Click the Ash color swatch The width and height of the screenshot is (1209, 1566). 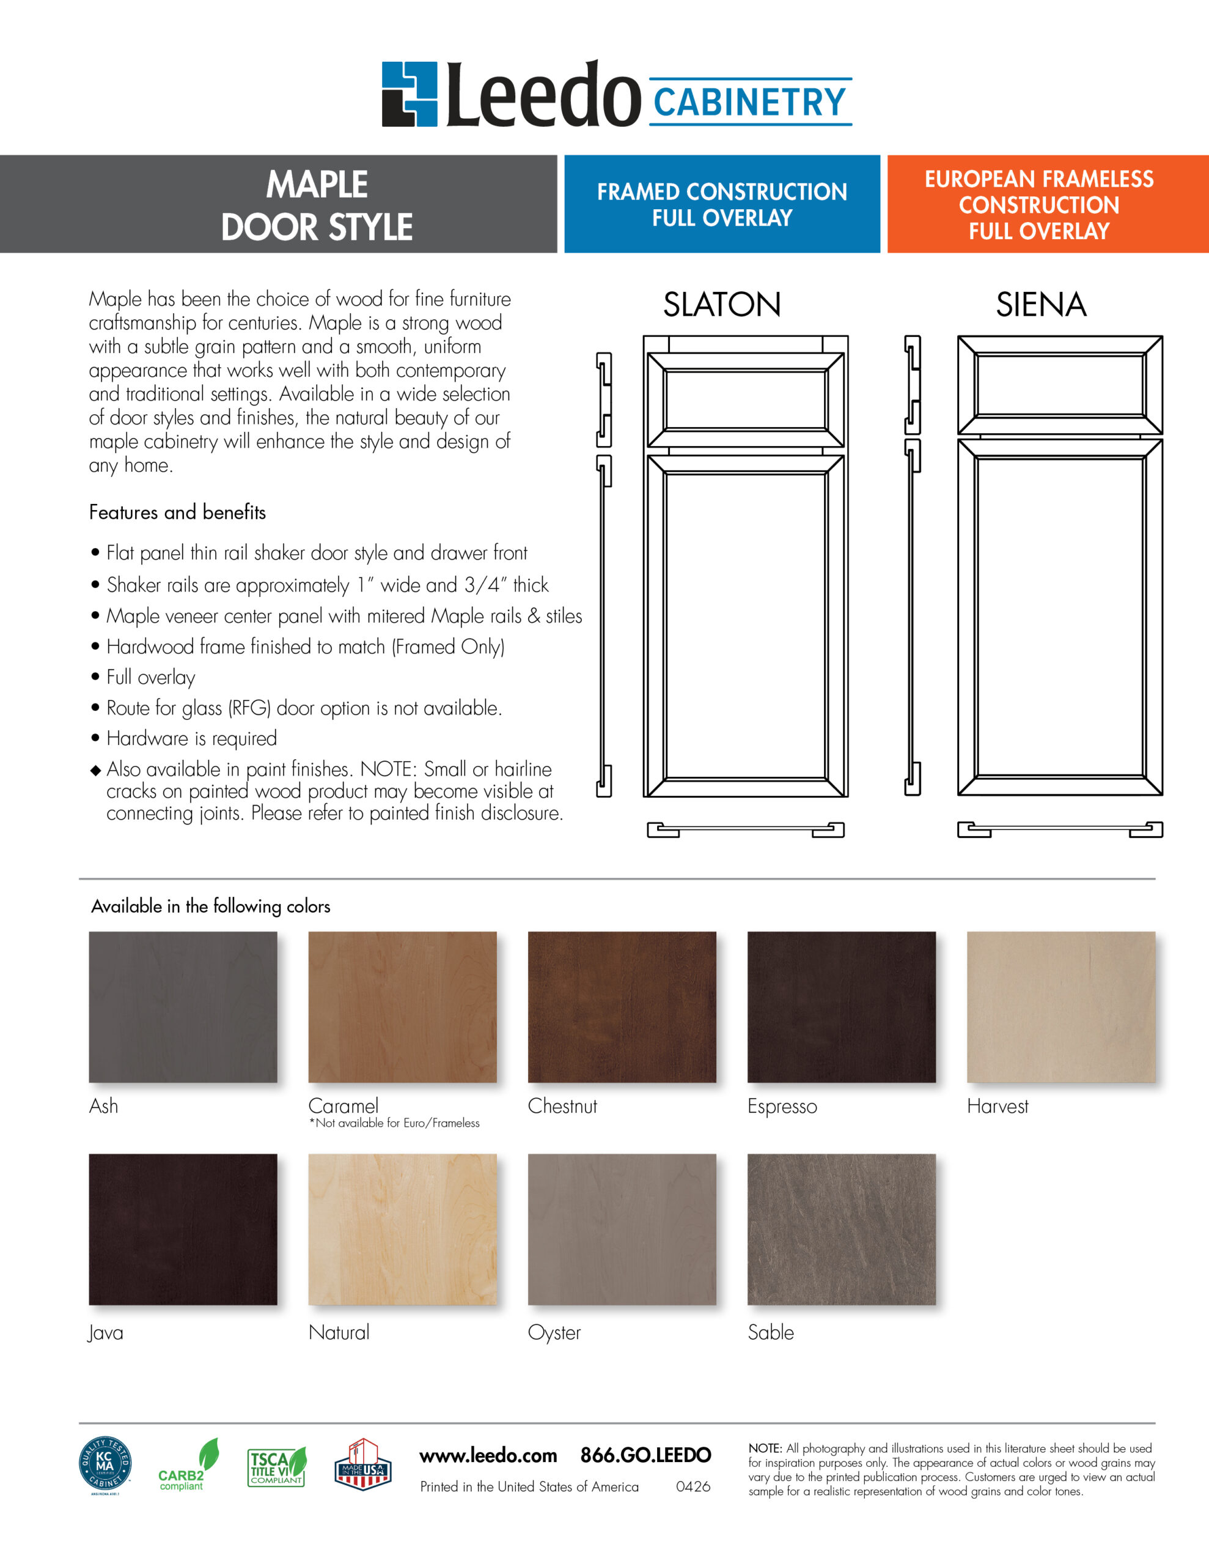tap(183, 1007)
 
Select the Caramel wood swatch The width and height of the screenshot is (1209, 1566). tap(402, 1007)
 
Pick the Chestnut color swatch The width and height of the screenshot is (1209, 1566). tap(622, 1007)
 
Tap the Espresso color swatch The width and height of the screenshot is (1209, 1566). tap(842, 1007)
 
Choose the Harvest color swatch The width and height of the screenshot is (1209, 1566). tap(1060, 1007)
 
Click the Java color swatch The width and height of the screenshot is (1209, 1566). tap(183, 1229)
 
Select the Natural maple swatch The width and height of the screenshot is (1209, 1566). tap(402, 1229)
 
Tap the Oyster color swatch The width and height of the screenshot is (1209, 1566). tap(622, 1229)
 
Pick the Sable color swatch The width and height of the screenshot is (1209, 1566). tap(842, 1229)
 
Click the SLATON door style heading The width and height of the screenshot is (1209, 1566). tap(722, 305)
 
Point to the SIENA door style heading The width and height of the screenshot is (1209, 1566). tap(1040, 305)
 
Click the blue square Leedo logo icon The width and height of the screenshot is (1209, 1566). tap(409, 94)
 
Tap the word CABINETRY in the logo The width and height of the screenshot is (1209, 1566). tap(749, 102)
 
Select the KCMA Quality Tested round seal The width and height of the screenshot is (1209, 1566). tap(105, 1466)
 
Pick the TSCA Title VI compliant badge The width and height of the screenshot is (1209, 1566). tap(277, 1467)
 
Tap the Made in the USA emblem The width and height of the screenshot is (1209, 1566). tap(362, 1464)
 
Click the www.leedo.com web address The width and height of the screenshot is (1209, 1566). tap(488, 1455)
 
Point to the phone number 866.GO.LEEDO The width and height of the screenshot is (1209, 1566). tap(645, 1455)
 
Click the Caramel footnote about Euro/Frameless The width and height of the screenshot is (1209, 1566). tap(394, 1123)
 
